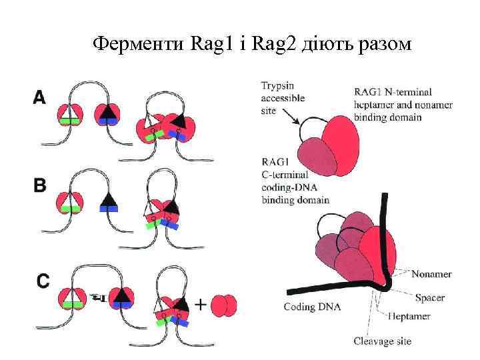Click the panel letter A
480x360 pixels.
click(x=40, y=98)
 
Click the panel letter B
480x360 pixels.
click(x=40, y=185)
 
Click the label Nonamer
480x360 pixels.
click(x=431, y=274)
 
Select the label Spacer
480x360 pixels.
click(x=429, y=297)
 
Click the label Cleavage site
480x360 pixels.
click(x=382, y=341)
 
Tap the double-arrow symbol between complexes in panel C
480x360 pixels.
click(x=97, y=296)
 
